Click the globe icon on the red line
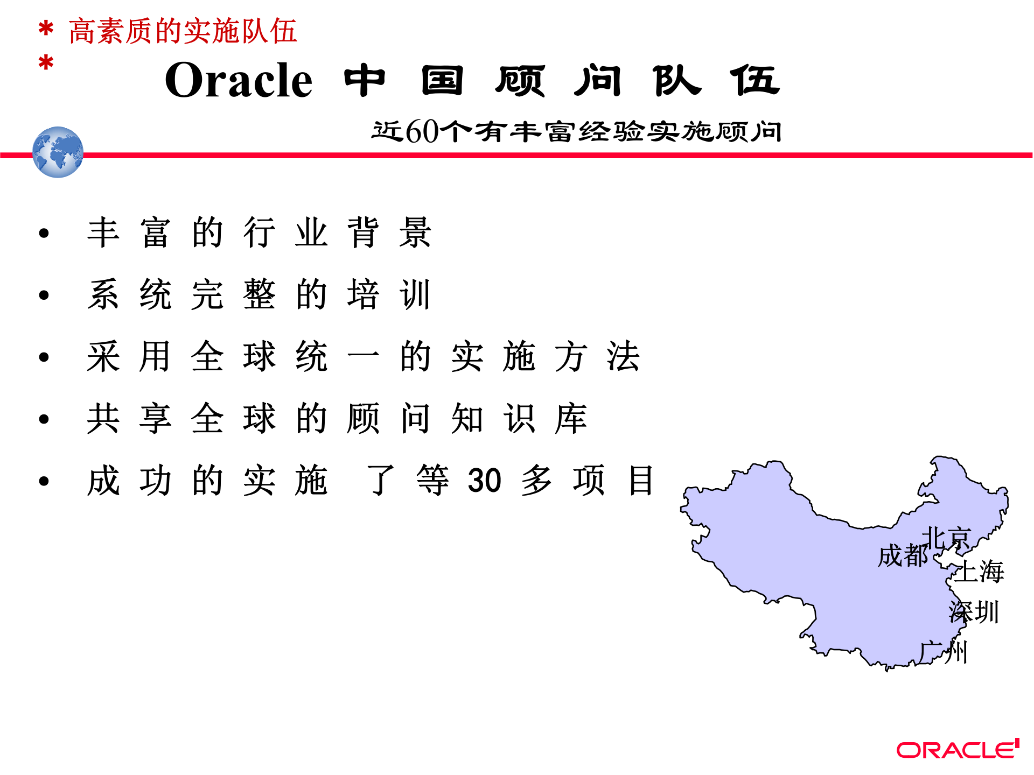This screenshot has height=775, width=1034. (x=58, y=152)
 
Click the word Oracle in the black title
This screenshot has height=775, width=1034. (x=239, y=80)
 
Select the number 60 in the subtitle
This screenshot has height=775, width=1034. (x=422, y=131)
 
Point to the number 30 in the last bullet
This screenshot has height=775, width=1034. (x=484, y=480)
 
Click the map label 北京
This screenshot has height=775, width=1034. (x=946, y=538)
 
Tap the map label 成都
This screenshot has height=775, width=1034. (x=903, y=555)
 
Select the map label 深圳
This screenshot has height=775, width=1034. (x=974, y=612)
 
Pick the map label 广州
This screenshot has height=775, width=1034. (x=944, y=652)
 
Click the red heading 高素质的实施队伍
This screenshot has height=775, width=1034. (x=183, y=31)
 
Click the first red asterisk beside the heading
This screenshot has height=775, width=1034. (x=46, y=29)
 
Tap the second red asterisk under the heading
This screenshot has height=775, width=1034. (x=46, y=63)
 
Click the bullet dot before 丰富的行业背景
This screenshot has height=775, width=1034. (x=44, y=233)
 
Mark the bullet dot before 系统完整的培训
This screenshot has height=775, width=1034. (x=44, y=295)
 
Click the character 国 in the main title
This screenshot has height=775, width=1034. (x=442, y=81)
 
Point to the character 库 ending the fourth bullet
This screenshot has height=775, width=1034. (x=571, y=418)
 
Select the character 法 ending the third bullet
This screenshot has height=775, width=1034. (x=623, y=356)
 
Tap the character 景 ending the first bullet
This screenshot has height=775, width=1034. (x=415, y=232)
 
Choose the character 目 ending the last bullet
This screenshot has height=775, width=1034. (x=641, y=480)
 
